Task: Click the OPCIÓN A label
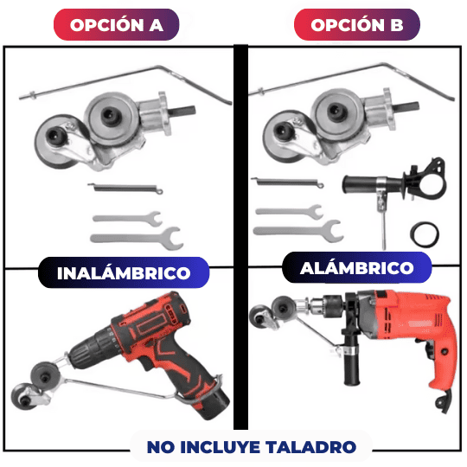(118, 24)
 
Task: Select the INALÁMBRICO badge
(124, 273)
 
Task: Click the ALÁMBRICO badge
(357, 268)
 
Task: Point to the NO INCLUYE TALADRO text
(251, 447)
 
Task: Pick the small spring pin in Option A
(124, 190)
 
